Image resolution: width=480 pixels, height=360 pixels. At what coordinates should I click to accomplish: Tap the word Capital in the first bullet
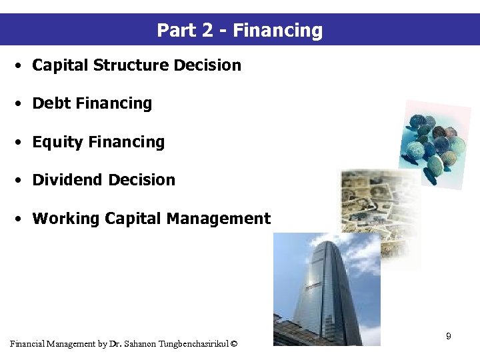(x=61, y=65)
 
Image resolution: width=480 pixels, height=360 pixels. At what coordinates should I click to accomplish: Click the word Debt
(x=52, y=103)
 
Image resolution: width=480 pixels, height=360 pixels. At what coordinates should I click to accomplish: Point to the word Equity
(x=57, y=142)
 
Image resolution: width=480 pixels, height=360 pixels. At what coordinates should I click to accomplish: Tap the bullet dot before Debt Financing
(x=22, y=104)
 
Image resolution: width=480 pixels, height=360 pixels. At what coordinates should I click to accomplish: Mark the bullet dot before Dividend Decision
(x=22, y=181)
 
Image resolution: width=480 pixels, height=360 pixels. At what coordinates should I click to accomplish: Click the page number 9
(x=449, y=337)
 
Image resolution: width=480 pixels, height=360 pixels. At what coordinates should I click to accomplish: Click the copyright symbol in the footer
(x=233, y=344)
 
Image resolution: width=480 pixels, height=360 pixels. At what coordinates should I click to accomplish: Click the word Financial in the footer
(x=28, y=344)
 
